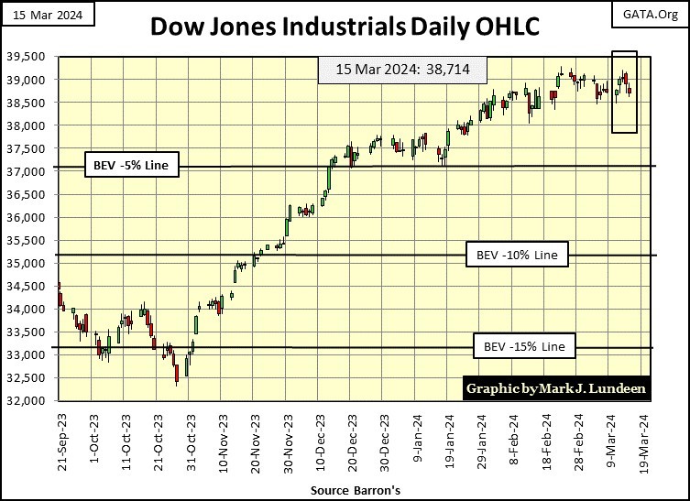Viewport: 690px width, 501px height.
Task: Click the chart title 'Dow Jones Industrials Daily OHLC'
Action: [x=345, y=27]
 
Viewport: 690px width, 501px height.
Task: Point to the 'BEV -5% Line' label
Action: [x=130, y=166]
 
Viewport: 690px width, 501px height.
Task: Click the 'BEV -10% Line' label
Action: [x=518, y=254]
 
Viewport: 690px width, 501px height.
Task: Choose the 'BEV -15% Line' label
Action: [x=525, y=347]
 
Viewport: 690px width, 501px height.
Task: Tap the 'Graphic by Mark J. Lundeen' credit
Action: [x=556, y=388]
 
